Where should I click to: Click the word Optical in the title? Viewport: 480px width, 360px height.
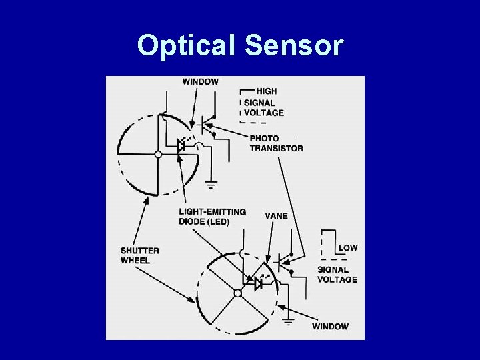click(x=187, y=46)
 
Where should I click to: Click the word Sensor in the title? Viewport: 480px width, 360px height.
click(x=294, y=46)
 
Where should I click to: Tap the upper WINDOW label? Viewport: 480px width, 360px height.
click(x=200, y=81)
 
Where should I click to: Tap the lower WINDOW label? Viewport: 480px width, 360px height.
click(x=330, y=326)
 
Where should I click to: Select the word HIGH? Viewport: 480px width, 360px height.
click(x=266, y=91)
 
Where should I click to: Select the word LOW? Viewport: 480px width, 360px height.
click(x=347, y=247)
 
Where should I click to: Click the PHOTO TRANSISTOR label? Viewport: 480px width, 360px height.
click(x=276, y=143)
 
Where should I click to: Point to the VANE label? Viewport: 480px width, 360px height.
click(x=276, y=216)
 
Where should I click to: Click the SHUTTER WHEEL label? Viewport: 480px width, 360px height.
click(x=140, y=255)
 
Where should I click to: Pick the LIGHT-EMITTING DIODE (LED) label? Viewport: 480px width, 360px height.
click(x=212, y=217)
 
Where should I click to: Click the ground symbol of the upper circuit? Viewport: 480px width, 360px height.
click(x=211, y=183)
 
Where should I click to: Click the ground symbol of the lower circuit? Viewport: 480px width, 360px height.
click(x=289, y=321)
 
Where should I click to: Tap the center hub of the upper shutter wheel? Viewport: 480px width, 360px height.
click(x=158, y=154)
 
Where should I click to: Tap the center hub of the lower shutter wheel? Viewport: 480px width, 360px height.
click(x=237, y=293)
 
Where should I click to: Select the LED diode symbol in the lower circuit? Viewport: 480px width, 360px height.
click(x=259, y=283)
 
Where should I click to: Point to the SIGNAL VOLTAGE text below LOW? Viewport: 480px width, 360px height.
click(x=337, y=275)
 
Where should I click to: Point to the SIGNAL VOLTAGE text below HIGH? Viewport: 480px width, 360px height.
click(x=263, y=107)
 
